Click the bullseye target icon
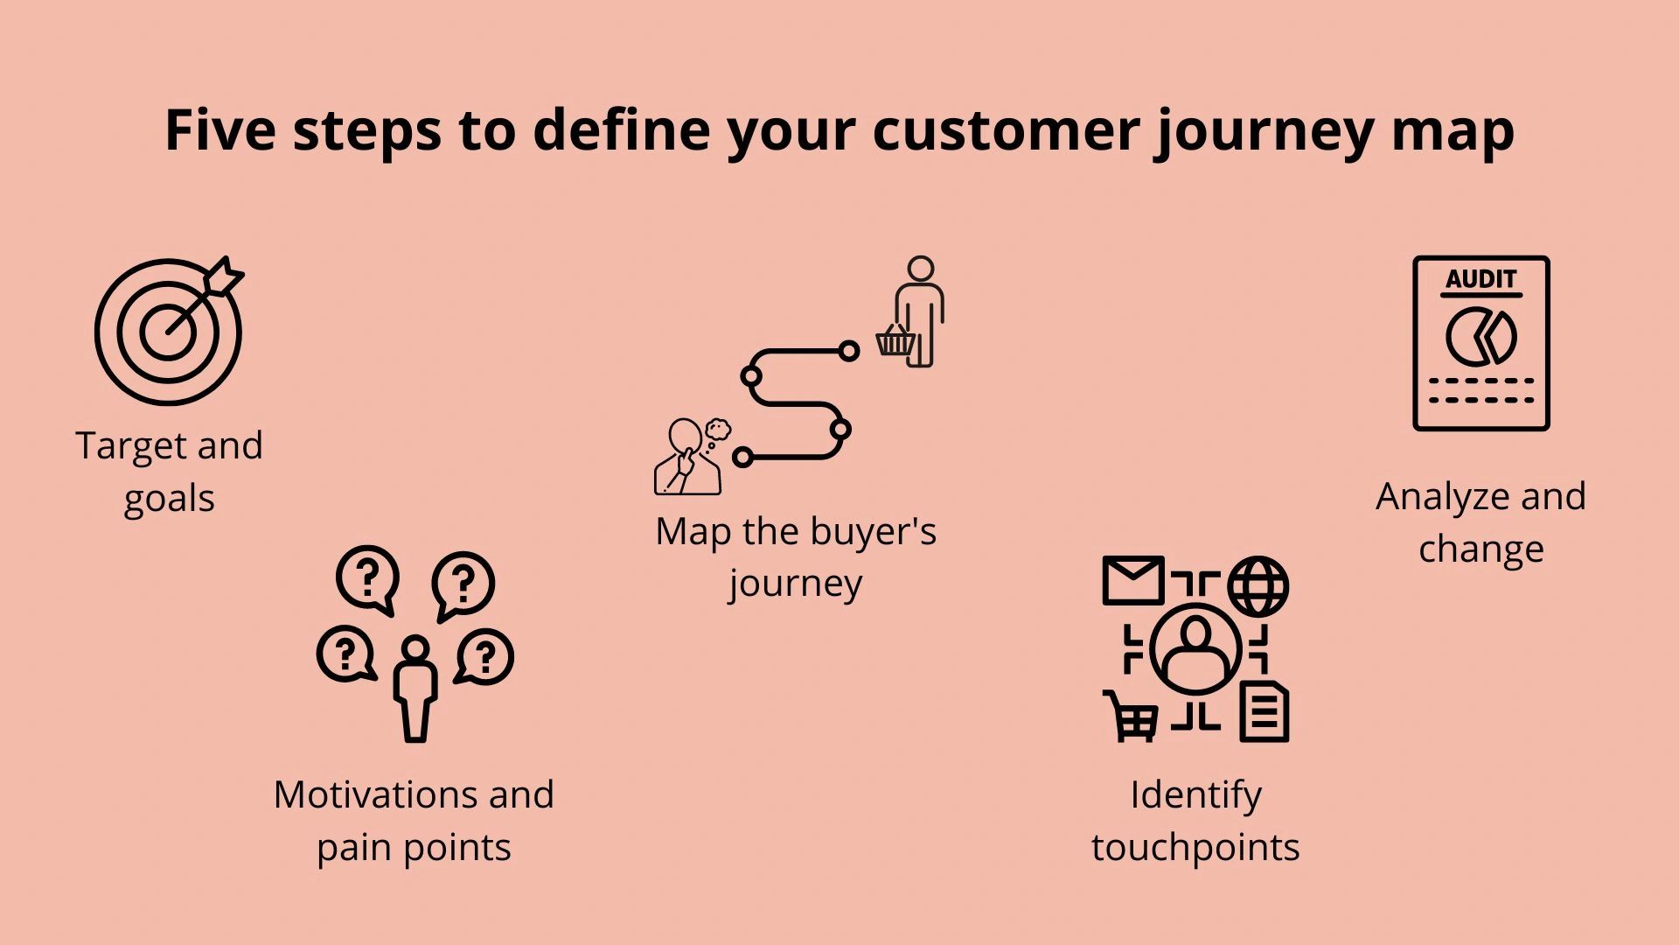tap(168, 332)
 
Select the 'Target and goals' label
tap(169, 472)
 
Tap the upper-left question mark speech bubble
tap(367, 579)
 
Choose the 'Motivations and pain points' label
tap(414, 821)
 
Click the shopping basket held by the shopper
tap(895, 340)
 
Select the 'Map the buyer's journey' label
tap(796, 556)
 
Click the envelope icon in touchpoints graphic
tap(1133, 580)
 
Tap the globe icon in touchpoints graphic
tap(1258, 585)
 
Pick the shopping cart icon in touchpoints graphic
tap(1131, 716)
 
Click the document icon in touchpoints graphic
tap(1264, 711)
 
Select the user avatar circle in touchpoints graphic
tap(1195, 649)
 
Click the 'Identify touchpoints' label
tap(1195, 821)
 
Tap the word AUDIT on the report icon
tap(1480, 280)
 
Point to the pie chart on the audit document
tap(1480, 337)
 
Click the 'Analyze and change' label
tap(1480, 522)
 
